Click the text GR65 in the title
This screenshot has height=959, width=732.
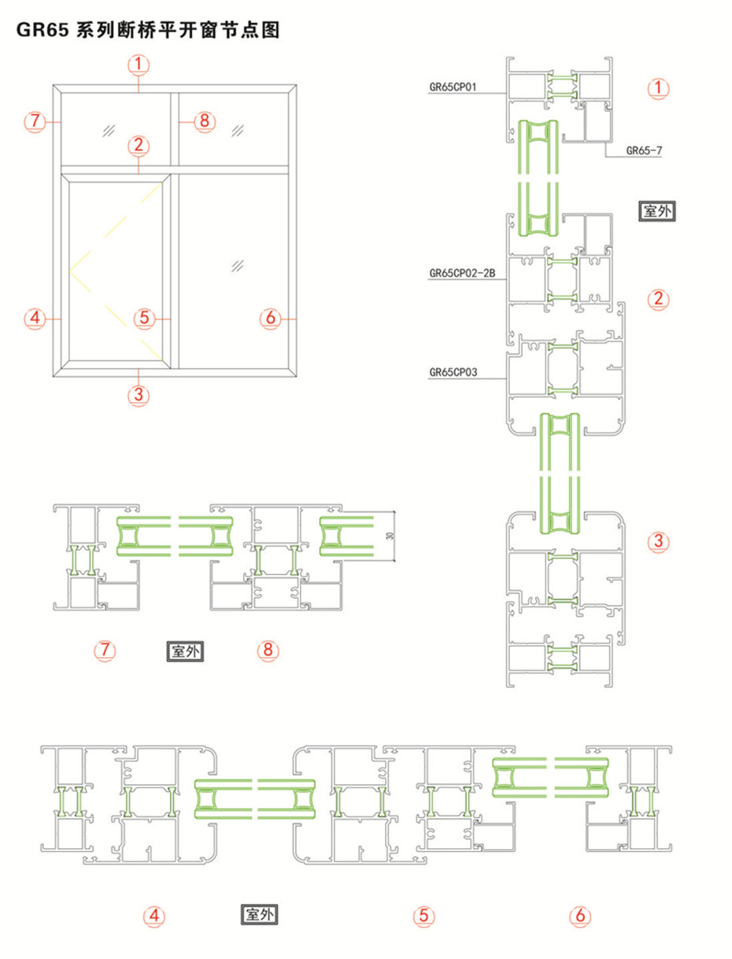43,31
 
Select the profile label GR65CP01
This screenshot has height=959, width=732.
453,87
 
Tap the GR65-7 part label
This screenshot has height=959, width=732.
644,151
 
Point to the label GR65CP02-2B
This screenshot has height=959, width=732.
462,274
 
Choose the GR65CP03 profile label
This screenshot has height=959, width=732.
453,372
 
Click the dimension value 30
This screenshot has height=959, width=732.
390,535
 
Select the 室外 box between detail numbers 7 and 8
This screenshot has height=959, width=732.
185,651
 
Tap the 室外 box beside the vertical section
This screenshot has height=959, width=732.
656,211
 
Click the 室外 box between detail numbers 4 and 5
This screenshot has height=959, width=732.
259,914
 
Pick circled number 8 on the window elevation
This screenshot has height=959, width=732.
204,121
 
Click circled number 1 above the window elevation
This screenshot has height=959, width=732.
139,65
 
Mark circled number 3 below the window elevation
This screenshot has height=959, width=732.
139,395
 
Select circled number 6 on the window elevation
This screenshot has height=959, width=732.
271,318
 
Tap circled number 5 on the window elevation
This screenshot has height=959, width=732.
145,318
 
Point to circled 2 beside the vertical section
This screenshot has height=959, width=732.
658,299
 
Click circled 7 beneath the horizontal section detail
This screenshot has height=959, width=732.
105,650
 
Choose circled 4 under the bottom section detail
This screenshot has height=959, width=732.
154,915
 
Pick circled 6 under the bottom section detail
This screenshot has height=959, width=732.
580,915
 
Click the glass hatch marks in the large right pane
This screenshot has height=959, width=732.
237,266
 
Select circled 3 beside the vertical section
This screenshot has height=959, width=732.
658,541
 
